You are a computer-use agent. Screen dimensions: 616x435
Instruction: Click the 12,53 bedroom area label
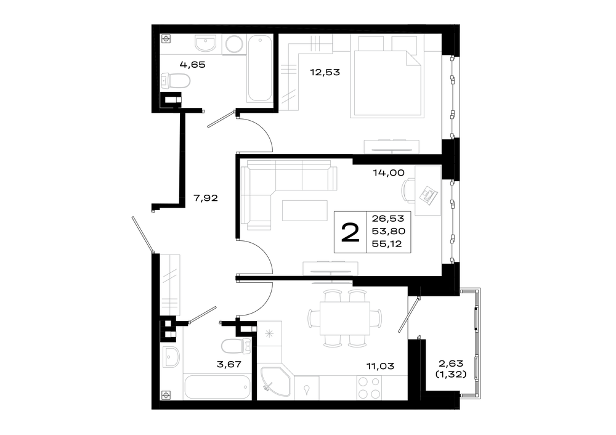[325, 72]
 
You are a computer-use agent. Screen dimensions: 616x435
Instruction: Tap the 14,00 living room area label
[389, 173]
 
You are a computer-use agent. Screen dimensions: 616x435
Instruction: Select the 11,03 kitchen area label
[380, 366]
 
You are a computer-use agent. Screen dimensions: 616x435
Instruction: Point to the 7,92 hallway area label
[206, 198]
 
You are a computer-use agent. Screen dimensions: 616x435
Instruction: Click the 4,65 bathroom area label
[192, 65]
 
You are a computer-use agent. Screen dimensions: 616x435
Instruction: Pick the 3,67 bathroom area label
[229, 364]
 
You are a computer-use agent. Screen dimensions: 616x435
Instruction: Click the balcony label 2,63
[451, 364]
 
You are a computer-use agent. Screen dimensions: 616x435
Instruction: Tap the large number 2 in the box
[351, 232]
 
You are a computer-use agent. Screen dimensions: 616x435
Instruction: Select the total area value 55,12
[387, 243]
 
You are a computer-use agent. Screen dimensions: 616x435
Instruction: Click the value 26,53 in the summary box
[388, 219]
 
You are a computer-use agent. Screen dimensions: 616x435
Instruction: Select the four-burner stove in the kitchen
[369, 387]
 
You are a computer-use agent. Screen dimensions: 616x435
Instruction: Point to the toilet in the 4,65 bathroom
[176, 81]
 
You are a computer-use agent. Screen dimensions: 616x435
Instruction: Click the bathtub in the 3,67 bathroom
[217, 387]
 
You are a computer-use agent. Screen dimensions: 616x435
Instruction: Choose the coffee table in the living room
[305, 211]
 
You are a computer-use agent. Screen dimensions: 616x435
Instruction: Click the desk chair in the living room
[408, 191]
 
